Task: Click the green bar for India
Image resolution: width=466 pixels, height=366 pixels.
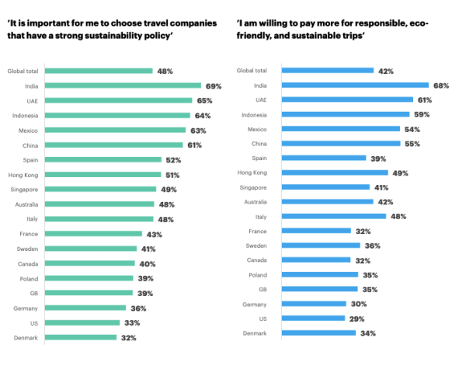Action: [123, 85]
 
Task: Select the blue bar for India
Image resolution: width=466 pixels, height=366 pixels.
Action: [355, 85]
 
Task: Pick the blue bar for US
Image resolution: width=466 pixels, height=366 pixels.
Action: [312, 318]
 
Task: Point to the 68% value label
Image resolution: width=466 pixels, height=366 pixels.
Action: [441, 85]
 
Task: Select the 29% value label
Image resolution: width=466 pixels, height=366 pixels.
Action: [356, 318]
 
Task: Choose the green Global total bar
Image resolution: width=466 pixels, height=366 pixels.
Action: [100, 71]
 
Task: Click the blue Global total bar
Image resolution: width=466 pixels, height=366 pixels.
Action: [327, 71]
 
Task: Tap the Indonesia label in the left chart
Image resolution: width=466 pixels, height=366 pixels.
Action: [25, 115]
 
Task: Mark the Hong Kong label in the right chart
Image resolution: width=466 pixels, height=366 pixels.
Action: [253, 173]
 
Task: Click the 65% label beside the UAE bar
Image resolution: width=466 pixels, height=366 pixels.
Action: [204, 100]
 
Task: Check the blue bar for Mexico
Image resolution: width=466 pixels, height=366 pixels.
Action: [340, 129]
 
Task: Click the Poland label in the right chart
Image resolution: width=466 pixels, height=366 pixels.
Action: [259, 274]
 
